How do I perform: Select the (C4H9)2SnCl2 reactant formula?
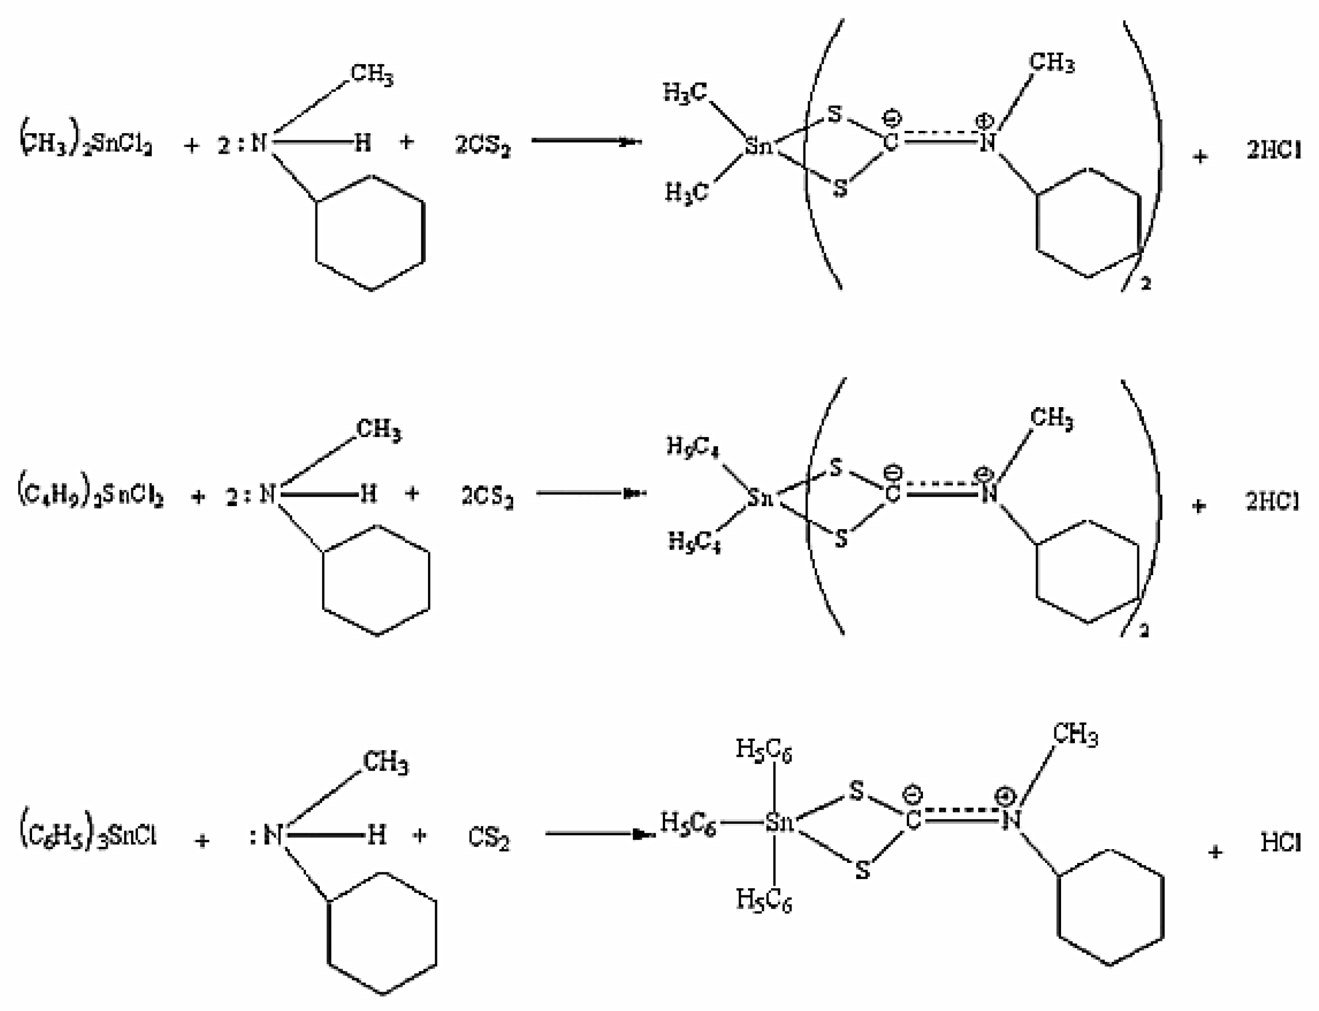coord(90,496)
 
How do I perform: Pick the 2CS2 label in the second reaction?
coord(487,497)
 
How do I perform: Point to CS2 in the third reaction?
coord(489,838)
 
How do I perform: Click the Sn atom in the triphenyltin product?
coord(779,822)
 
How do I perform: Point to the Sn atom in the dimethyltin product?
coord(758,145)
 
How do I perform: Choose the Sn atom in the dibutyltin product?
coord(760,497)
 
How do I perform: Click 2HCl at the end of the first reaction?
coord(1273,149)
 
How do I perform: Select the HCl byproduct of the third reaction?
coord(1280,842)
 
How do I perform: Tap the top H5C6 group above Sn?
coord(763,750)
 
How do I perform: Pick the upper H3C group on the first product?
coord(685,93)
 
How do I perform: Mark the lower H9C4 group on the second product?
coord(694,542)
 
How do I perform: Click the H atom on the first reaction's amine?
coord(362,143)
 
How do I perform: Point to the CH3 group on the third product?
coord(1075,735)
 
